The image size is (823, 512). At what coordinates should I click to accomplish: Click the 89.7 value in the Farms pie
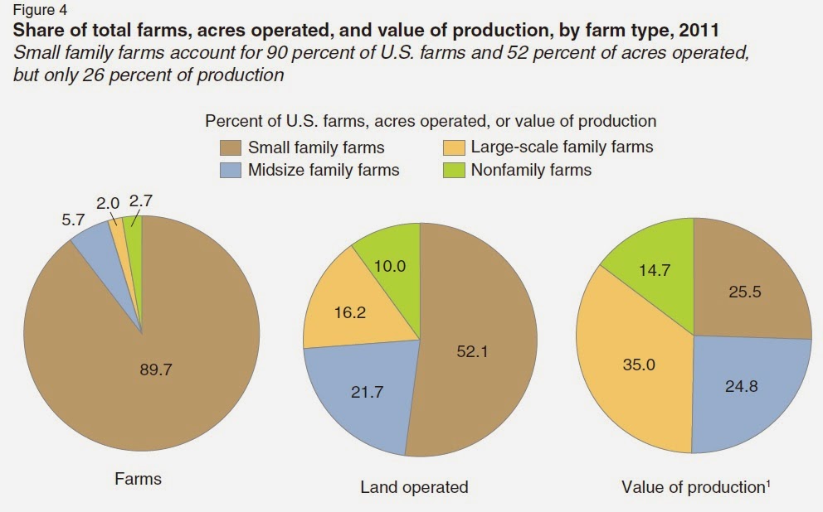point(155,370)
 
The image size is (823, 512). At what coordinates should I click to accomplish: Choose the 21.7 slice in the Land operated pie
point(368,392)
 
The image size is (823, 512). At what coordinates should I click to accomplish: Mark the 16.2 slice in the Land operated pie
point(348,315)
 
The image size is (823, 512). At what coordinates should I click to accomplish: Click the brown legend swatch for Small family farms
point(230,147)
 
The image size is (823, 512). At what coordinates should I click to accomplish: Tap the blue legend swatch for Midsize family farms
point(230,170)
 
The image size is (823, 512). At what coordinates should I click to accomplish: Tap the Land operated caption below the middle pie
point(414,487)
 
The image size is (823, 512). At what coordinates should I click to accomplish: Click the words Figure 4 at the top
point(37,10)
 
